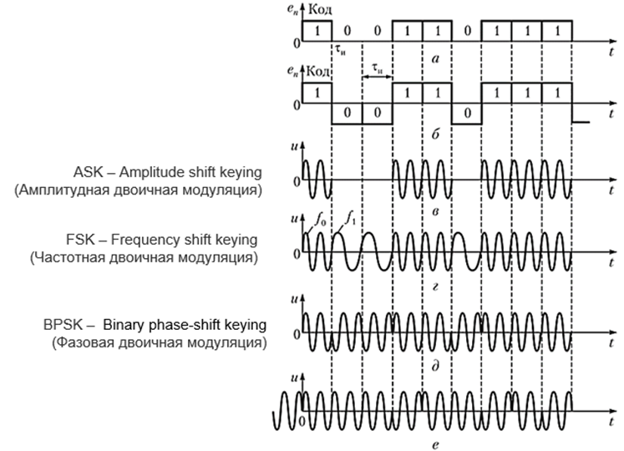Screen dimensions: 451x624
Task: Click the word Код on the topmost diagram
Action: tap(322, 9)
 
